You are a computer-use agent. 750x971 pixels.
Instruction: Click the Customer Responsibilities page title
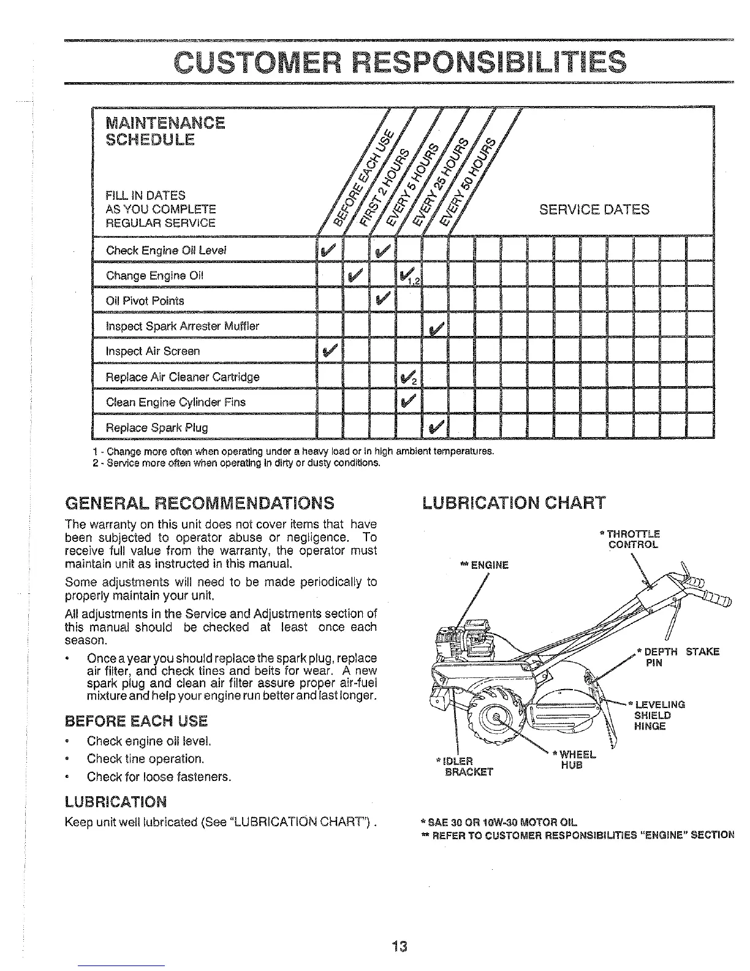pos(400,61)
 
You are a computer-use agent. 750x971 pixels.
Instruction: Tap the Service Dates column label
pos(594,210)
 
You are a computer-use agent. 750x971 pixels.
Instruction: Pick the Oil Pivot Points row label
pos(145,301)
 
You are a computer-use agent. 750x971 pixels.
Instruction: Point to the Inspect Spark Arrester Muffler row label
pos(183,326)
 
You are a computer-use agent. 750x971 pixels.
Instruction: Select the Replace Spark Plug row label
pos(157,427)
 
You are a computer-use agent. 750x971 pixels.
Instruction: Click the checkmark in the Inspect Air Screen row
pos(329,351)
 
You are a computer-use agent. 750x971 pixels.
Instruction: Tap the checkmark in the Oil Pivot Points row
pos(384,300)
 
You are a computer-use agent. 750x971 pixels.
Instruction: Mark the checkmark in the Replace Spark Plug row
pos(437,427)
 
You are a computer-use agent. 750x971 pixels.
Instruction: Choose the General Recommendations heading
pos(200,503)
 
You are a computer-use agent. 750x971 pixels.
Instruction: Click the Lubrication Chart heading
pos(513,503)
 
